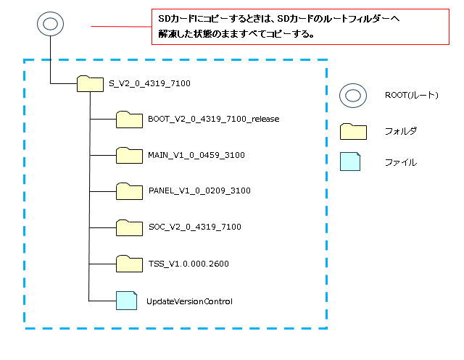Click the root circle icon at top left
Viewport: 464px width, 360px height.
(49, 24)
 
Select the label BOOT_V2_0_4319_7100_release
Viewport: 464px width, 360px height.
(213, 119)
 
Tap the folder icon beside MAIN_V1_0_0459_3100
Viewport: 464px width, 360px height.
(130, 155)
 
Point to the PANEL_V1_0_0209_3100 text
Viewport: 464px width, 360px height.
(199, 191)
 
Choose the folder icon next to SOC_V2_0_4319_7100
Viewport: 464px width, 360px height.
(130, 227)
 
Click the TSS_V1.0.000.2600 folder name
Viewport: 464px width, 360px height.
(188, 263)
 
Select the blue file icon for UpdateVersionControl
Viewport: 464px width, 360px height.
(127, 299)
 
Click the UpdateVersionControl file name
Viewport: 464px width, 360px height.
(189, 300)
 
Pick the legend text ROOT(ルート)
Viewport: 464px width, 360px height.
(412, 96)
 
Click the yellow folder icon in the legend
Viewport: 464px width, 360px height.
(352, 130)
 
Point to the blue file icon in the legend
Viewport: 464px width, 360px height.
(351, 162)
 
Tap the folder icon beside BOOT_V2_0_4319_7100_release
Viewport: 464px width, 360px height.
(130, 119)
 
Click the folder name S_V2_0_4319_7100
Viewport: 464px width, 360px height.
(149, 83)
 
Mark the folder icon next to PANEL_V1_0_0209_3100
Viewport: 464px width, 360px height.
(130, 191)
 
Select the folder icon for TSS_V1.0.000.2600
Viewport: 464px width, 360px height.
(130, 263)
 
